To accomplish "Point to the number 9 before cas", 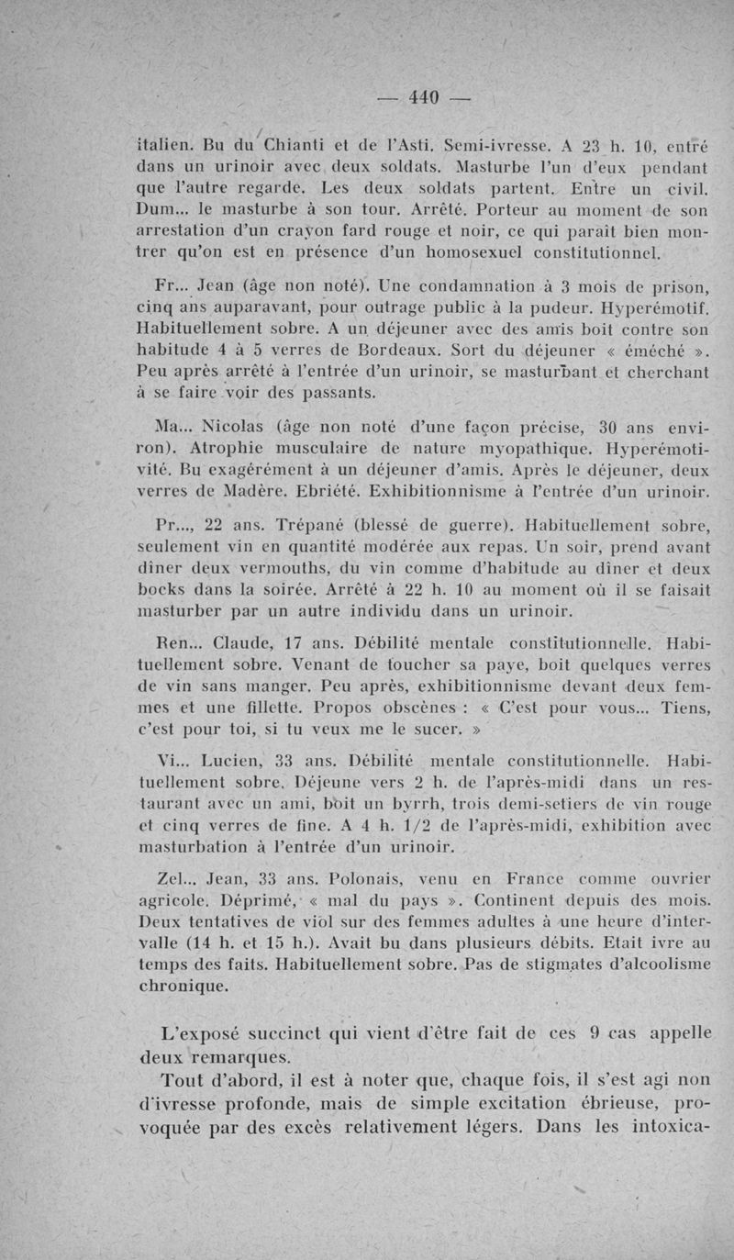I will tap(595, 1031).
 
